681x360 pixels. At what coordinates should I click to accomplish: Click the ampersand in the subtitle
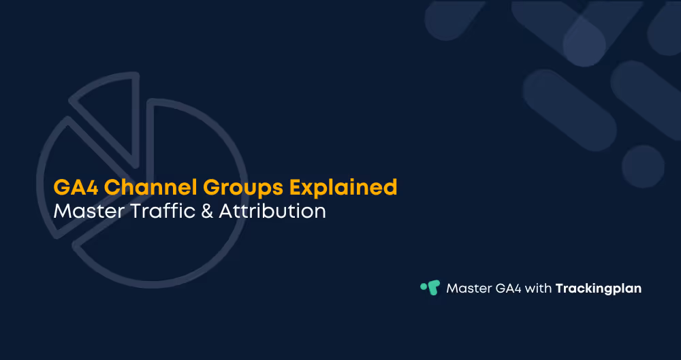coord(206,211)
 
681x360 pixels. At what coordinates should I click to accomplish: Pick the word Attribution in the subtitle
coord(272,211)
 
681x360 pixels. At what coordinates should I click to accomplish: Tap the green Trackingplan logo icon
coord(430,288)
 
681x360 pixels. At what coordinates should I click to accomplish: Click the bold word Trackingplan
coord(599,289)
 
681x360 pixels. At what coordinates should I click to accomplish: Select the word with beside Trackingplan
coord(537,289)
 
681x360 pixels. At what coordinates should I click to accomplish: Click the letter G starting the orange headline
coord(61,187)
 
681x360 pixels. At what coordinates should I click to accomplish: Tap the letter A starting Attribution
coord(227,211)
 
